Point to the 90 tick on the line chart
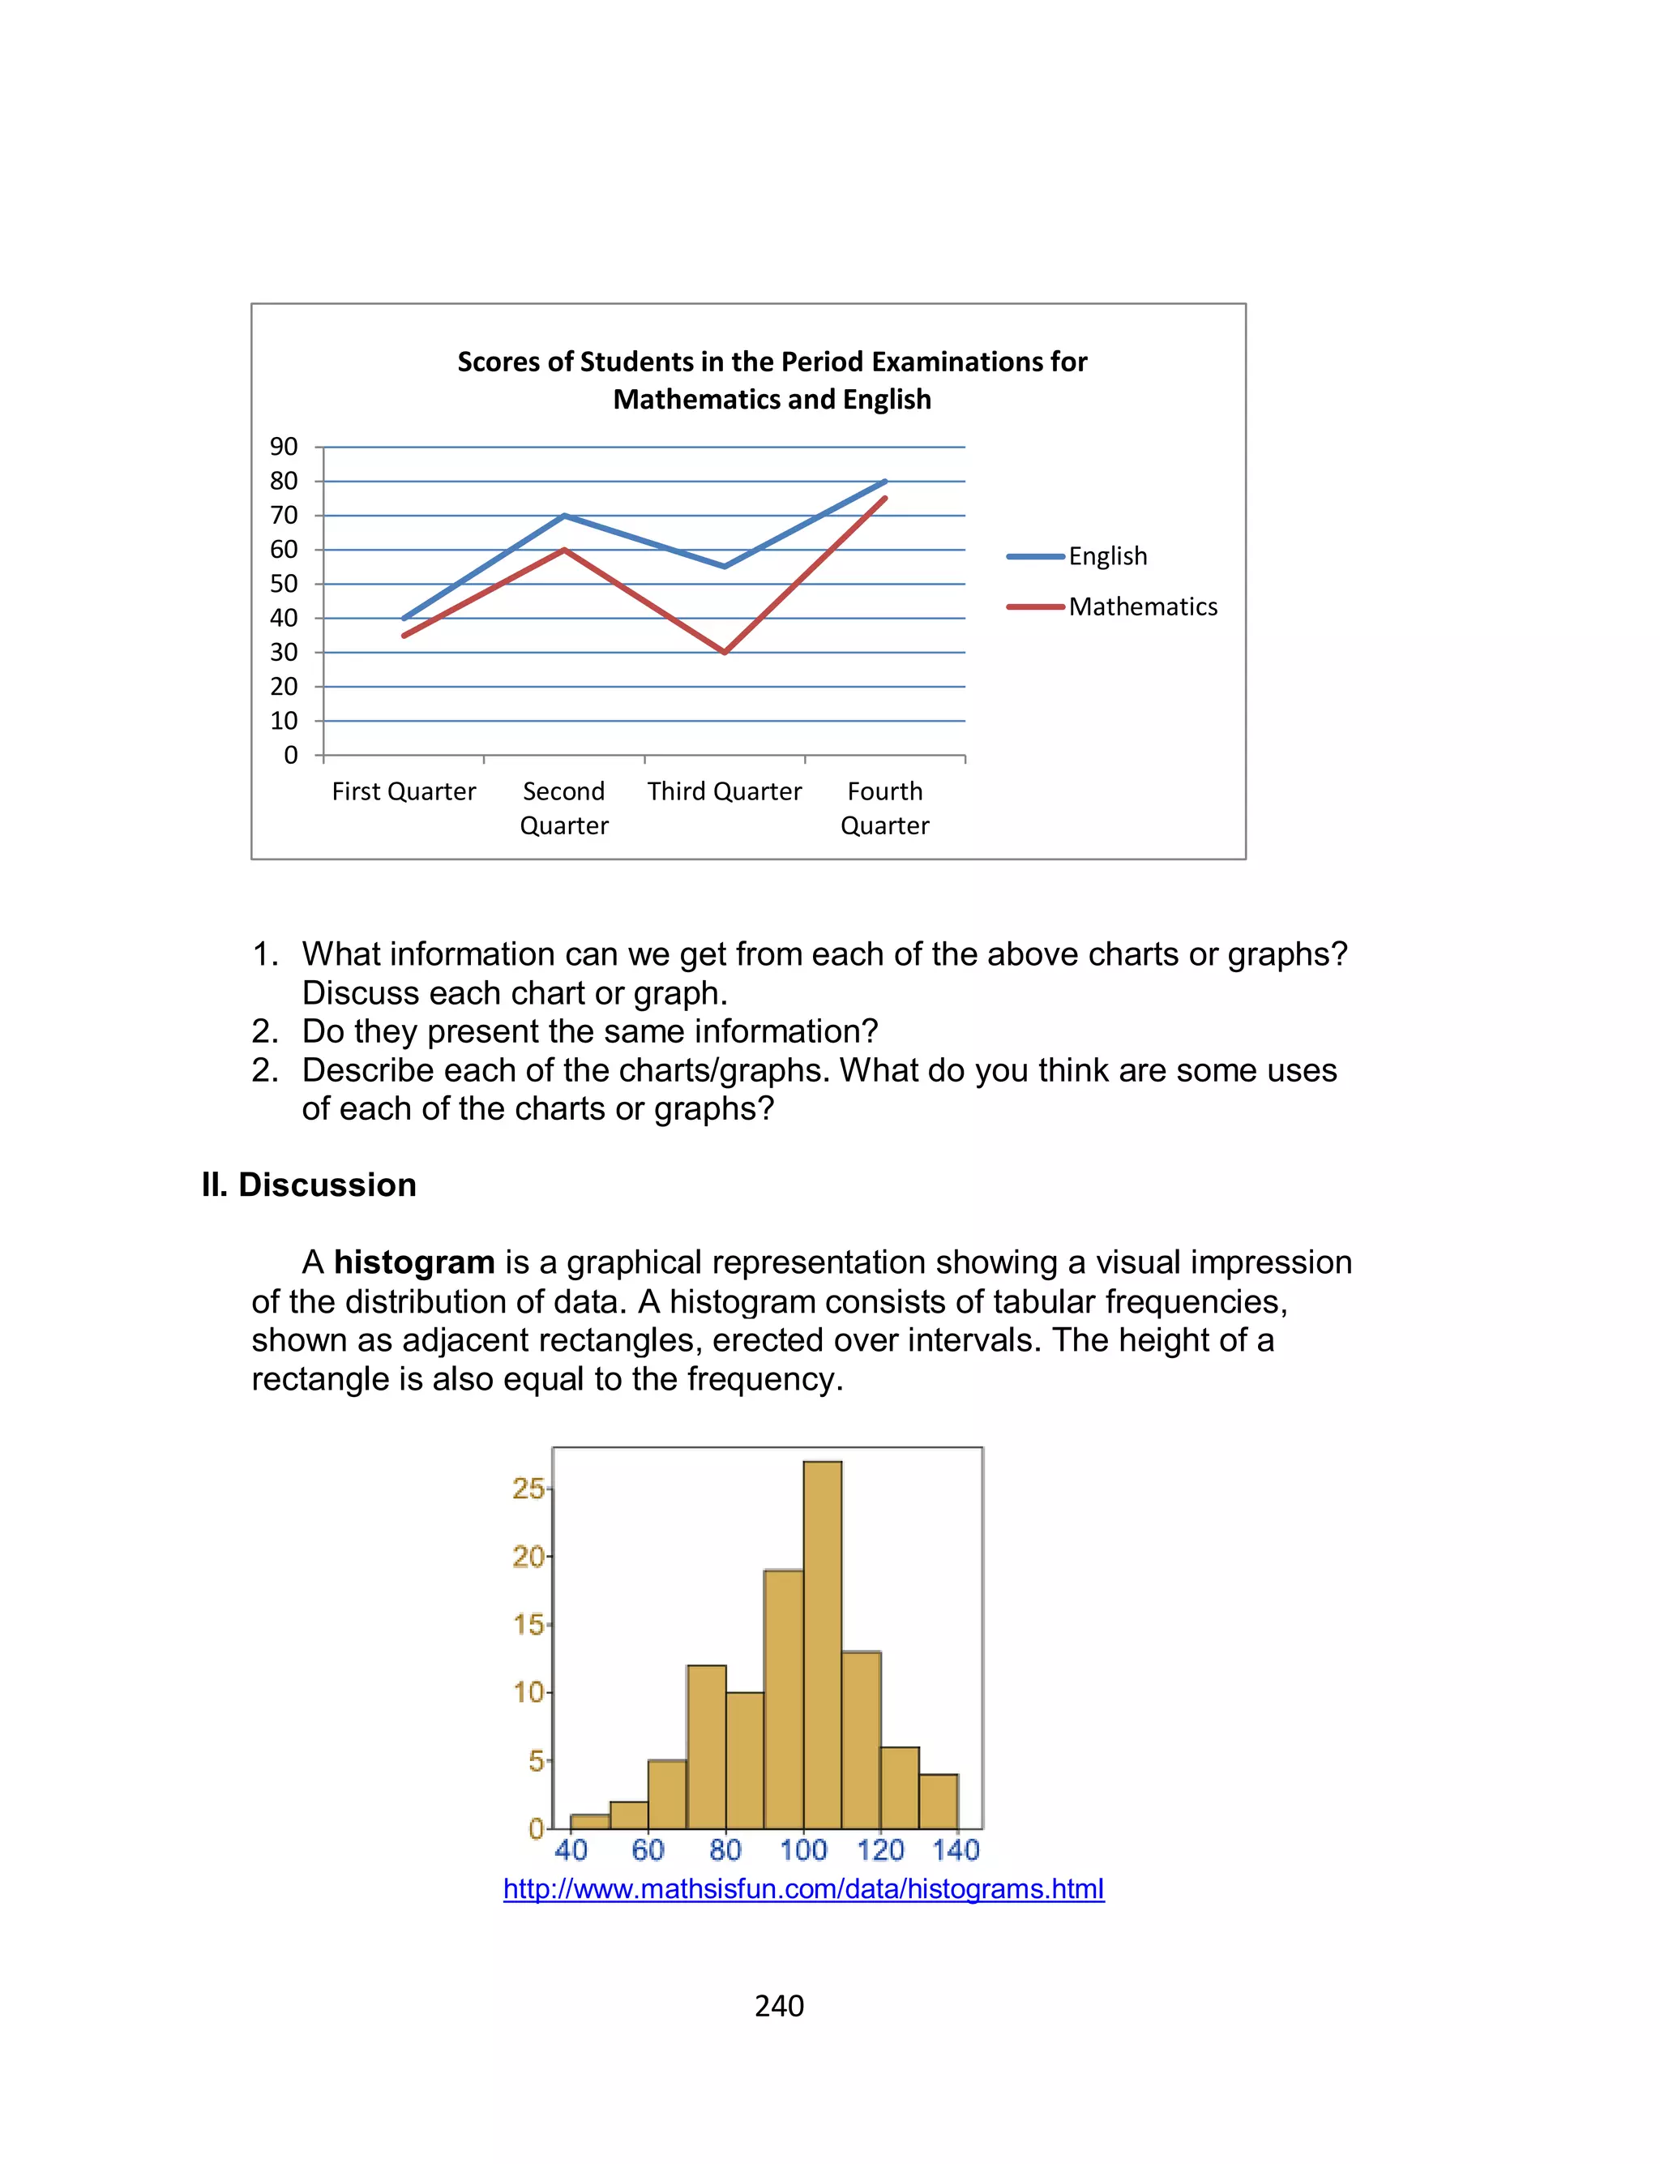(284, 447)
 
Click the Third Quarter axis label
(725, 791)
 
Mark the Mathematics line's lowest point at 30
(725, 652)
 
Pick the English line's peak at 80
(884, 482)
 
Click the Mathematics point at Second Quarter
(564, 550)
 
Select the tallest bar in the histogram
(822, 1644)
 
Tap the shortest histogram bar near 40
(590, 1821)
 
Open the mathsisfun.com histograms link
(803, 1889)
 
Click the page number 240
(779, 2006)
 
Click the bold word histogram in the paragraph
(414, 1263)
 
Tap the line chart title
(772, 380)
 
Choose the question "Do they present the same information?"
(590, 1031)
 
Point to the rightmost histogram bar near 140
(939, 1802)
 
